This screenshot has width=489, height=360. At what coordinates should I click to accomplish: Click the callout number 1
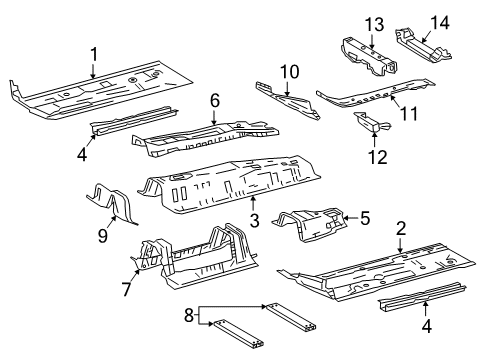(94, 55)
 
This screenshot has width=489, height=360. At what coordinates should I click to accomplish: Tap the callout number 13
(374, 25)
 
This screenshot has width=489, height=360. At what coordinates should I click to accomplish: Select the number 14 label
(440, 23)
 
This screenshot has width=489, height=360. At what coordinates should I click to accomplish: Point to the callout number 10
(290, 72)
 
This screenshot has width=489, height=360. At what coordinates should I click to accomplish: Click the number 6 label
(215, 100)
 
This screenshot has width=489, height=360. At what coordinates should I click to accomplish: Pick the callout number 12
(378, 157)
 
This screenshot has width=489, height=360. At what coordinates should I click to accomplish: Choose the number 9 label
(103, 236)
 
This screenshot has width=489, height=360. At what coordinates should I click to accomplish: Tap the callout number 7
(126, 289)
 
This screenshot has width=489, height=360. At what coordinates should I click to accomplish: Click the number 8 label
(189, 315)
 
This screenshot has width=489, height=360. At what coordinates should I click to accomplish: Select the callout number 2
(401, 229)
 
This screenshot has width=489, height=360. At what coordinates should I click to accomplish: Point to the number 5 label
(365, 218)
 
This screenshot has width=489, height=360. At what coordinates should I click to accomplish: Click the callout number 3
(255, 221)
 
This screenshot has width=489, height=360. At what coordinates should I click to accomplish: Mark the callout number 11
(409, 114)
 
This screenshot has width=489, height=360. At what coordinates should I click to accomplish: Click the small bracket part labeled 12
(370, 123)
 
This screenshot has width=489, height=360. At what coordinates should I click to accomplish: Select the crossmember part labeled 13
(369, 55)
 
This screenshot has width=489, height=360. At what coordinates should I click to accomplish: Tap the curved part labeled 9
(112, 202)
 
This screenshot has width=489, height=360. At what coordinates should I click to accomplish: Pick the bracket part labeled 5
(310, 224)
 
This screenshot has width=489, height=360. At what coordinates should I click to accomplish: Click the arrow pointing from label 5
(351, 218)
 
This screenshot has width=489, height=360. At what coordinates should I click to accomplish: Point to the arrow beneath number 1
(94, 71)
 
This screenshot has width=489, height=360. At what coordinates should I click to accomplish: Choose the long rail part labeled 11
(375, 94)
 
